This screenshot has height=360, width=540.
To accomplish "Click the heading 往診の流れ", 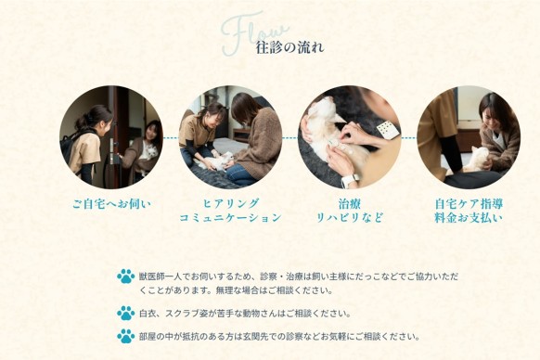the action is tap(289, 47).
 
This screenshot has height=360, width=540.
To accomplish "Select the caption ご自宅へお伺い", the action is tap(111, 204).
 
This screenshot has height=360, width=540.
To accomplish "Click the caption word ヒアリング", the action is tap(230, 203).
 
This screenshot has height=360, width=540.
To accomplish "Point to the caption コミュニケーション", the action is tap(230, 218).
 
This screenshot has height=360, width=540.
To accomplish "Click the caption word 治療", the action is tap(349, 204).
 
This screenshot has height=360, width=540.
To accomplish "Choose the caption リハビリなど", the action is tap(349, 218).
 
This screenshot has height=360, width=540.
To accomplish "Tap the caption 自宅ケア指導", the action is tap(469, 204).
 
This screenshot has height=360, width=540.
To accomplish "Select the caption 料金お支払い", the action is tap(469, 218).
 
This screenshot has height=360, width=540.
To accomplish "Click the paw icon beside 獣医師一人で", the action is tap(125, 276).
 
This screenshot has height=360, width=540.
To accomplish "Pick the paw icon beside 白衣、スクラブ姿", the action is tap(125, 314).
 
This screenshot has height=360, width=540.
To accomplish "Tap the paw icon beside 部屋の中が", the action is tap(125, 336).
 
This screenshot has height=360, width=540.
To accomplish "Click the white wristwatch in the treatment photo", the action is tap(350, 181).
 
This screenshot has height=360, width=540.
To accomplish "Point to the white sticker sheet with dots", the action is tap(388, 130).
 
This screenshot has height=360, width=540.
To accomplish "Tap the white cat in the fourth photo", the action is tap(477, 160).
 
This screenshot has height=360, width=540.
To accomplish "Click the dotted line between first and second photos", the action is tap(171, 138).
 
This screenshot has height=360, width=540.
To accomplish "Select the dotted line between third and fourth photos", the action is tap(409, 138).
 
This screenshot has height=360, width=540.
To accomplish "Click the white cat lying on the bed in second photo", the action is tap(212, 162).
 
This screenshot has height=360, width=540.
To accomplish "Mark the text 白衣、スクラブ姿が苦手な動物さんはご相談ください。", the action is tap(245, 314).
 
